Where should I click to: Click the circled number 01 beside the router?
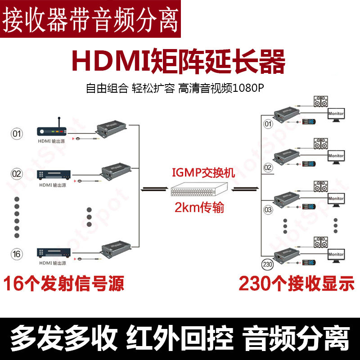(17, 134)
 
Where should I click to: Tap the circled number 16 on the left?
(17, 254)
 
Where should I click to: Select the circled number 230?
(267, 265)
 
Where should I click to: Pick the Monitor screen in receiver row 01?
(335, 114)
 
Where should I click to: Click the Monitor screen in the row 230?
(335, 255)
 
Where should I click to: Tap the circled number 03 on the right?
(267, 210)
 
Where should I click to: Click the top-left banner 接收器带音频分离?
(90, 18)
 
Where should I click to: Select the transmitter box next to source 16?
(116, 248)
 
